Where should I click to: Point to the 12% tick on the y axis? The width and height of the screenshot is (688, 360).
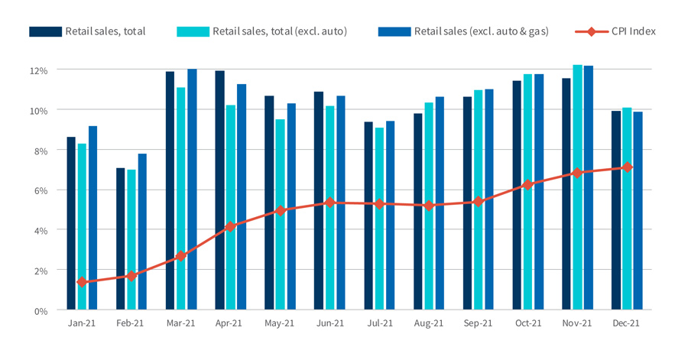tap(39, 70)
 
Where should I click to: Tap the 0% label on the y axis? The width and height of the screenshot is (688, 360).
tap(41, 310)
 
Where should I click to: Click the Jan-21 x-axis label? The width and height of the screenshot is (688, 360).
tap(82, 323)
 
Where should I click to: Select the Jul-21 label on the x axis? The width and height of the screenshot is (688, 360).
tap(379, 323)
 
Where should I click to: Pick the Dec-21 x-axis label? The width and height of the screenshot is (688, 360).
tap(626, 323)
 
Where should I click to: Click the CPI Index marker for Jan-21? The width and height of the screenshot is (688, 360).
tap(82, 282)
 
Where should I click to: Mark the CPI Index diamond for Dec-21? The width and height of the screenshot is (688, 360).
tap(627, 167)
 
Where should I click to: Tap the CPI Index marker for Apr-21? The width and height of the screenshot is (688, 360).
tap(230, 226)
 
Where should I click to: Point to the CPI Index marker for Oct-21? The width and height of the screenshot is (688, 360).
tap(527, 185)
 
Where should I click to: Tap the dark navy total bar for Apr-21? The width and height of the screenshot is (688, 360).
tap(219, 190)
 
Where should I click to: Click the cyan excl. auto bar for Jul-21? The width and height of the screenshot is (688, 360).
tap(379, 219)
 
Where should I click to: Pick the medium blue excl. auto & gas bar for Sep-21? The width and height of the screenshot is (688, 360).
tap(488, 199)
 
